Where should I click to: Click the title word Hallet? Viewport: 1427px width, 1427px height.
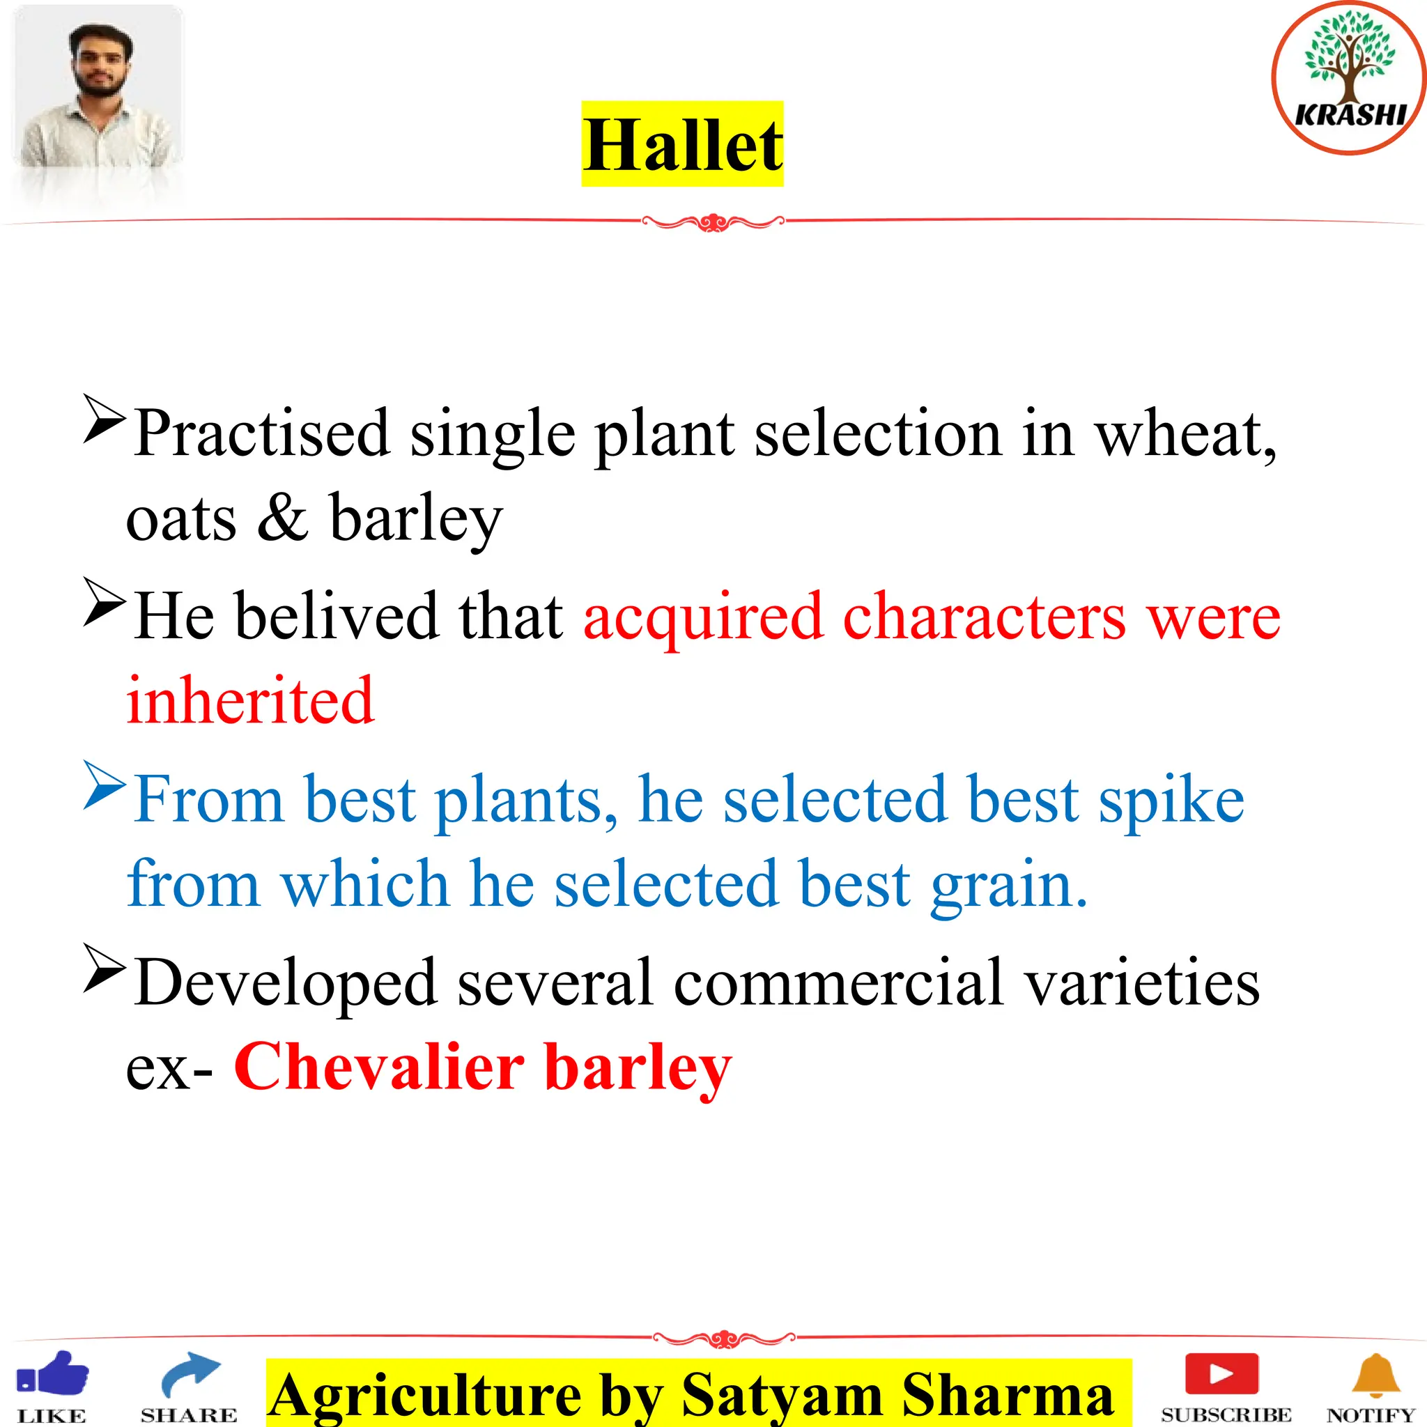click(x=682, y=145)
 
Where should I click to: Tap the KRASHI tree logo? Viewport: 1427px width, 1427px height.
click(x=1349, y=77)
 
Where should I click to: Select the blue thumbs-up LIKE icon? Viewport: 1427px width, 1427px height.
click(x=53, y=1376)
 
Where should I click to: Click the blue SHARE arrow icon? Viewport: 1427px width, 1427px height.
click(x=190, y=1375)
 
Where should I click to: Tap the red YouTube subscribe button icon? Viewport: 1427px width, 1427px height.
click(x=1221, y=1373)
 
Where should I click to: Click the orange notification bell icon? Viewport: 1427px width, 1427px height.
click(x=1375, y=1375)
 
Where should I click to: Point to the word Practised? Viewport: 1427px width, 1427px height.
click(x=261, y=433)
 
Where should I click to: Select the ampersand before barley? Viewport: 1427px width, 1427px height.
click(x=283, y=518)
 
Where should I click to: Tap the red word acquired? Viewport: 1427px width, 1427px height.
click(x=703, y=617)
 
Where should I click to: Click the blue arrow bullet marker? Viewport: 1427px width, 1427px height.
click(x=103, y=785)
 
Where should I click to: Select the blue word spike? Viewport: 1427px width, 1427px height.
click(x=1171, y=800)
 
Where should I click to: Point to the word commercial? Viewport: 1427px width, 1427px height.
click(x=838, y=983)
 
